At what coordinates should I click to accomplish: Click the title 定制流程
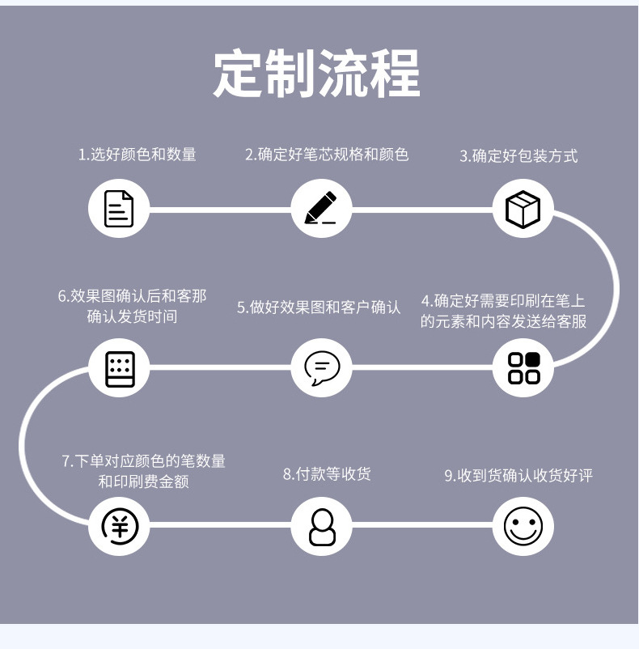click(317, 74)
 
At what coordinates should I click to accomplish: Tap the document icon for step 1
click(119, 209)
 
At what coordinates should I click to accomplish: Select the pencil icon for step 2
click(321, 209)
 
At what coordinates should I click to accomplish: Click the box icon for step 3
click(523, 209)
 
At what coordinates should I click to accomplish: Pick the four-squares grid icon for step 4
click(523, 367)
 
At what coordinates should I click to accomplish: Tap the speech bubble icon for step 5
click(321, 367)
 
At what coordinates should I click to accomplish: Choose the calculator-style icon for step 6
click(120, 367)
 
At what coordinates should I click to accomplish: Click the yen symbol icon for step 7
click(120, 526)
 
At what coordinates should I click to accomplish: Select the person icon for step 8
click(321, 526)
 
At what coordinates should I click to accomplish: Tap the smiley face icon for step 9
click(523, 526)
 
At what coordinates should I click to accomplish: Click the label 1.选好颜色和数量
click(138, 154)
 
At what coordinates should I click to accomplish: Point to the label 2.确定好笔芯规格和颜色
click(327, 154)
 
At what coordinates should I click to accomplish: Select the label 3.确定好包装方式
click(518, 155)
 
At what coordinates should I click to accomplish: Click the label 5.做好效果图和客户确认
click(319, 308)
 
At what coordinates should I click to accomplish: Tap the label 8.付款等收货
click(327, 474)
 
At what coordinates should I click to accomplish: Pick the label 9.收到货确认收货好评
click(518, 476)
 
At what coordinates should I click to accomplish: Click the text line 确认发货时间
click(132, 316)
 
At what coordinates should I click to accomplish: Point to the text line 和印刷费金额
click(143, 482)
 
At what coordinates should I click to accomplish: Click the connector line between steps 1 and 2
click(220, 210)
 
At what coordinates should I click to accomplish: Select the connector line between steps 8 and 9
click(422, 526)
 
